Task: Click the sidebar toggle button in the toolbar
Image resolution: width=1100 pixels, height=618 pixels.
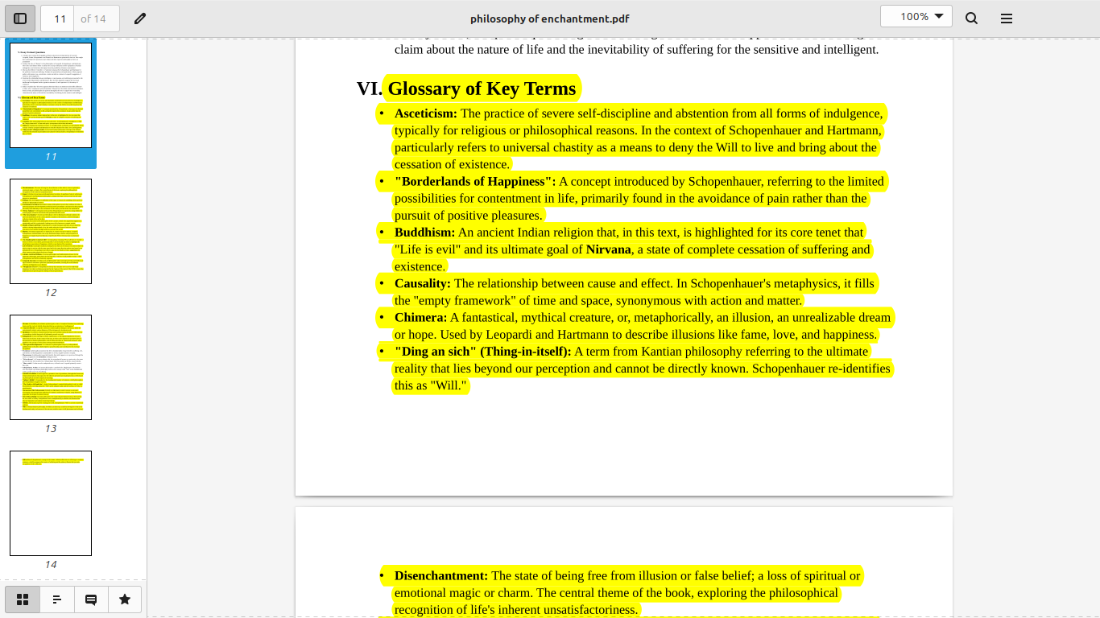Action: [x=20, y=19]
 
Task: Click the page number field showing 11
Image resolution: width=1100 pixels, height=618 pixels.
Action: [x=59, y=19]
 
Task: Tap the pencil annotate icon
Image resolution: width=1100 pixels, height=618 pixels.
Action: [x=140, y=19]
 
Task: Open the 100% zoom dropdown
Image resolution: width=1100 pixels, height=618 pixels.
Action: [x=916, y=17]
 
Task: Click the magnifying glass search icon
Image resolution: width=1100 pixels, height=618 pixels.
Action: [x=971, y=19]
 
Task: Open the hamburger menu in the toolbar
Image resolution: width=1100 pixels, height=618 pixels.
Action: [x=1006, y=19]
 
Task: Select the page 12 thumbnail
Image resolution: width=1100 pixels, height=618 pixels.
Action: [x=51, y=231]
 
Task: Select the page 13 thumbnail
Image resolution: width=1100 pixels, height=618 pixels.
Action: [x=51, y=367]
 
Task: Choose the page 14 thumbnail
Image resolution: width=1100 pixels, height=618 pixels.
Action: [x=51, y=503]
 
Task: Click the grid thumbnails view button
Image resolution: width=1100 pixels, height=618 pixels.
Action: [x=23, y=599]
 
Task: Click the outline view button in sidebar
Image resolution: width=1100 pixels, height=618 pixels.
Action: [x=57, y=599]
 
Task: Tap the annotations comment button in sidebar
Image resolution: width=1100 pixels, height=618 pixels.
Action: [x=91, y=599]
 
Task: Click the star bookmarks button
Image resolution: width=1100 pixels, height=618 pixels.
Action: [x=125, y=599]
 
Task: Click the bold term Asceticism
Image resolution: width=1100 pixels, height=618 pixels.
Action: [x=425, y=113]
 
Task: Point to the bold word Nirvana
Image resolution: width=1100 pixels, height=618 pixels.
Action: [x=608, y=249]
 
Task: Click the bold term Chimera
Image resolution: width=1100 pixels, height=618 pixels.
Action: [x=420, y=318]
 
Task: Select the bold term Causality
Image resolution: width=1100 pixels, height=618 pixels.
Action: [x=422, y=283]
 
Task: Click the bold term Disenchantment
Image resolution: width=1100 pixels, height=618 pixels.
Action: [x=440, y=576]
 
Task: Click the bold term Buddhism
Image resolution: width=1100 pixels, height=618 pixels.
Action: [x=424, y=233]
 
